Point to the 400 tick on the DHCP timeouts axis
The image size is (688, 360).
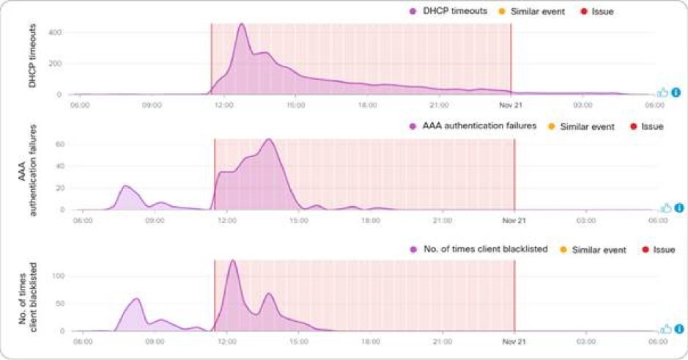point(55,33)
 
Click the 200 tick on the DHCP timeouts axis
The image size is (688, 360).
point(55,64)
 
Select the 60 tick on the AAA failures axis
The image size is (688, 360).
point(61,144)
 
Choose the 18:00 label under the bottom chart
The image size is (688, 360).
point(371,340)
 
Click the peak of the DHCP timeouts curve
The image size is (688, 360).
point(241,24)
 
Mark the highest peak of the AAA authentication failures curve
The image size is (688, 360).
point(269,139)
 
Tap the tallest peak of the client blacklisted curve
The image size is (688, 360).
point(233,260)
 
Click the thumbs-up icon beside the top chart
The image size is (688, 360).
point(662,93)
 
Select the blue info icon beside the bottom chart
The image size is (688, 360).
point(678,330)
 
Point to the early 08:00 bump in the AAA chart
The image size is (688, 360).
point(125,186)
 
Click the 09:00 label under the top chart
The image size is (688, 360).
point(151,105)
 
